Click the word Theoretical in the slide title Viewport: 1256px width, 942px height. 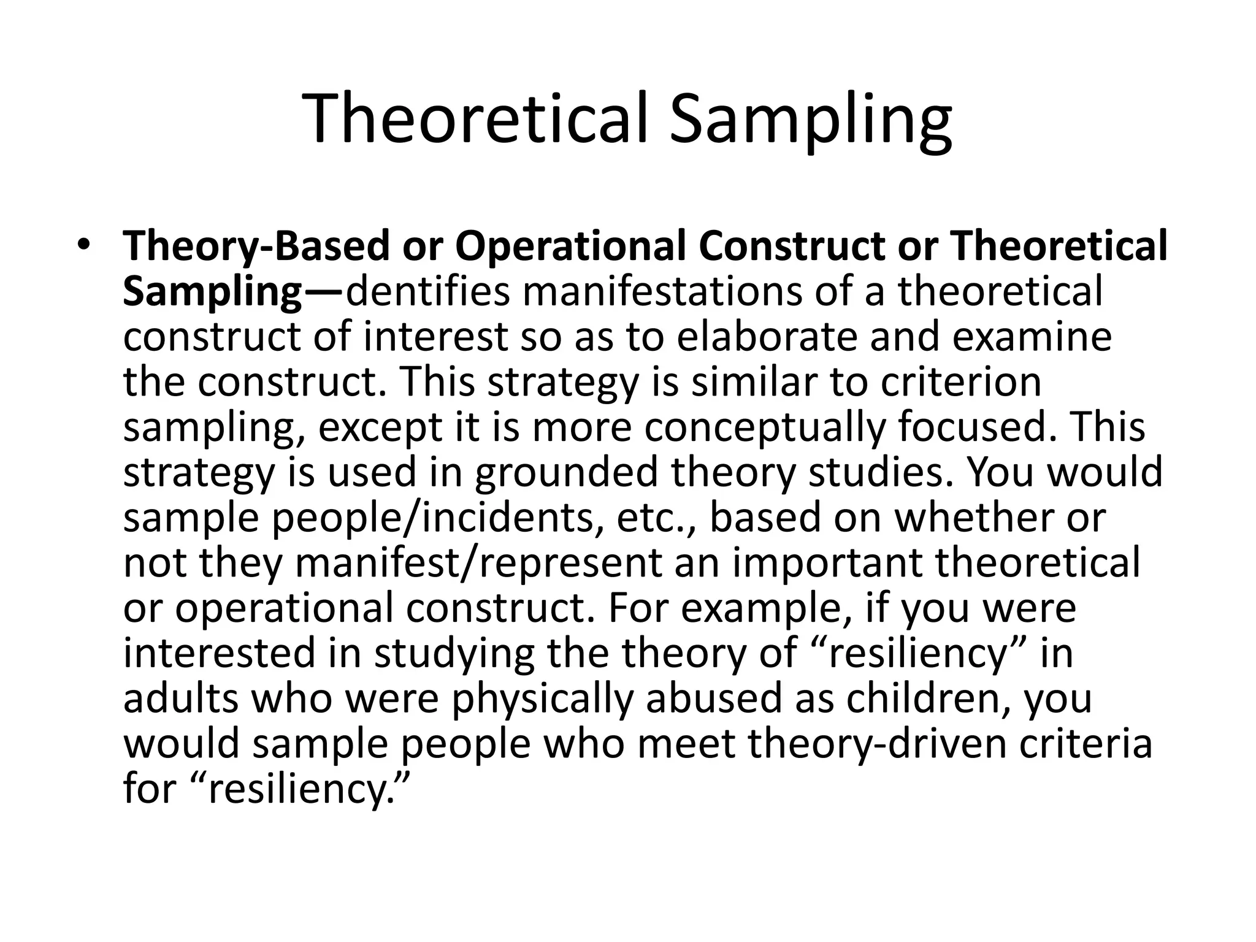point(475,118)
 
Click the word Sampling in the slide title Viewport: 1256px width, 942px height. point(811,118)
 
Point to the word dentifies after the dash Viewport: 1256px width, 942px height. point(428,292)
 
